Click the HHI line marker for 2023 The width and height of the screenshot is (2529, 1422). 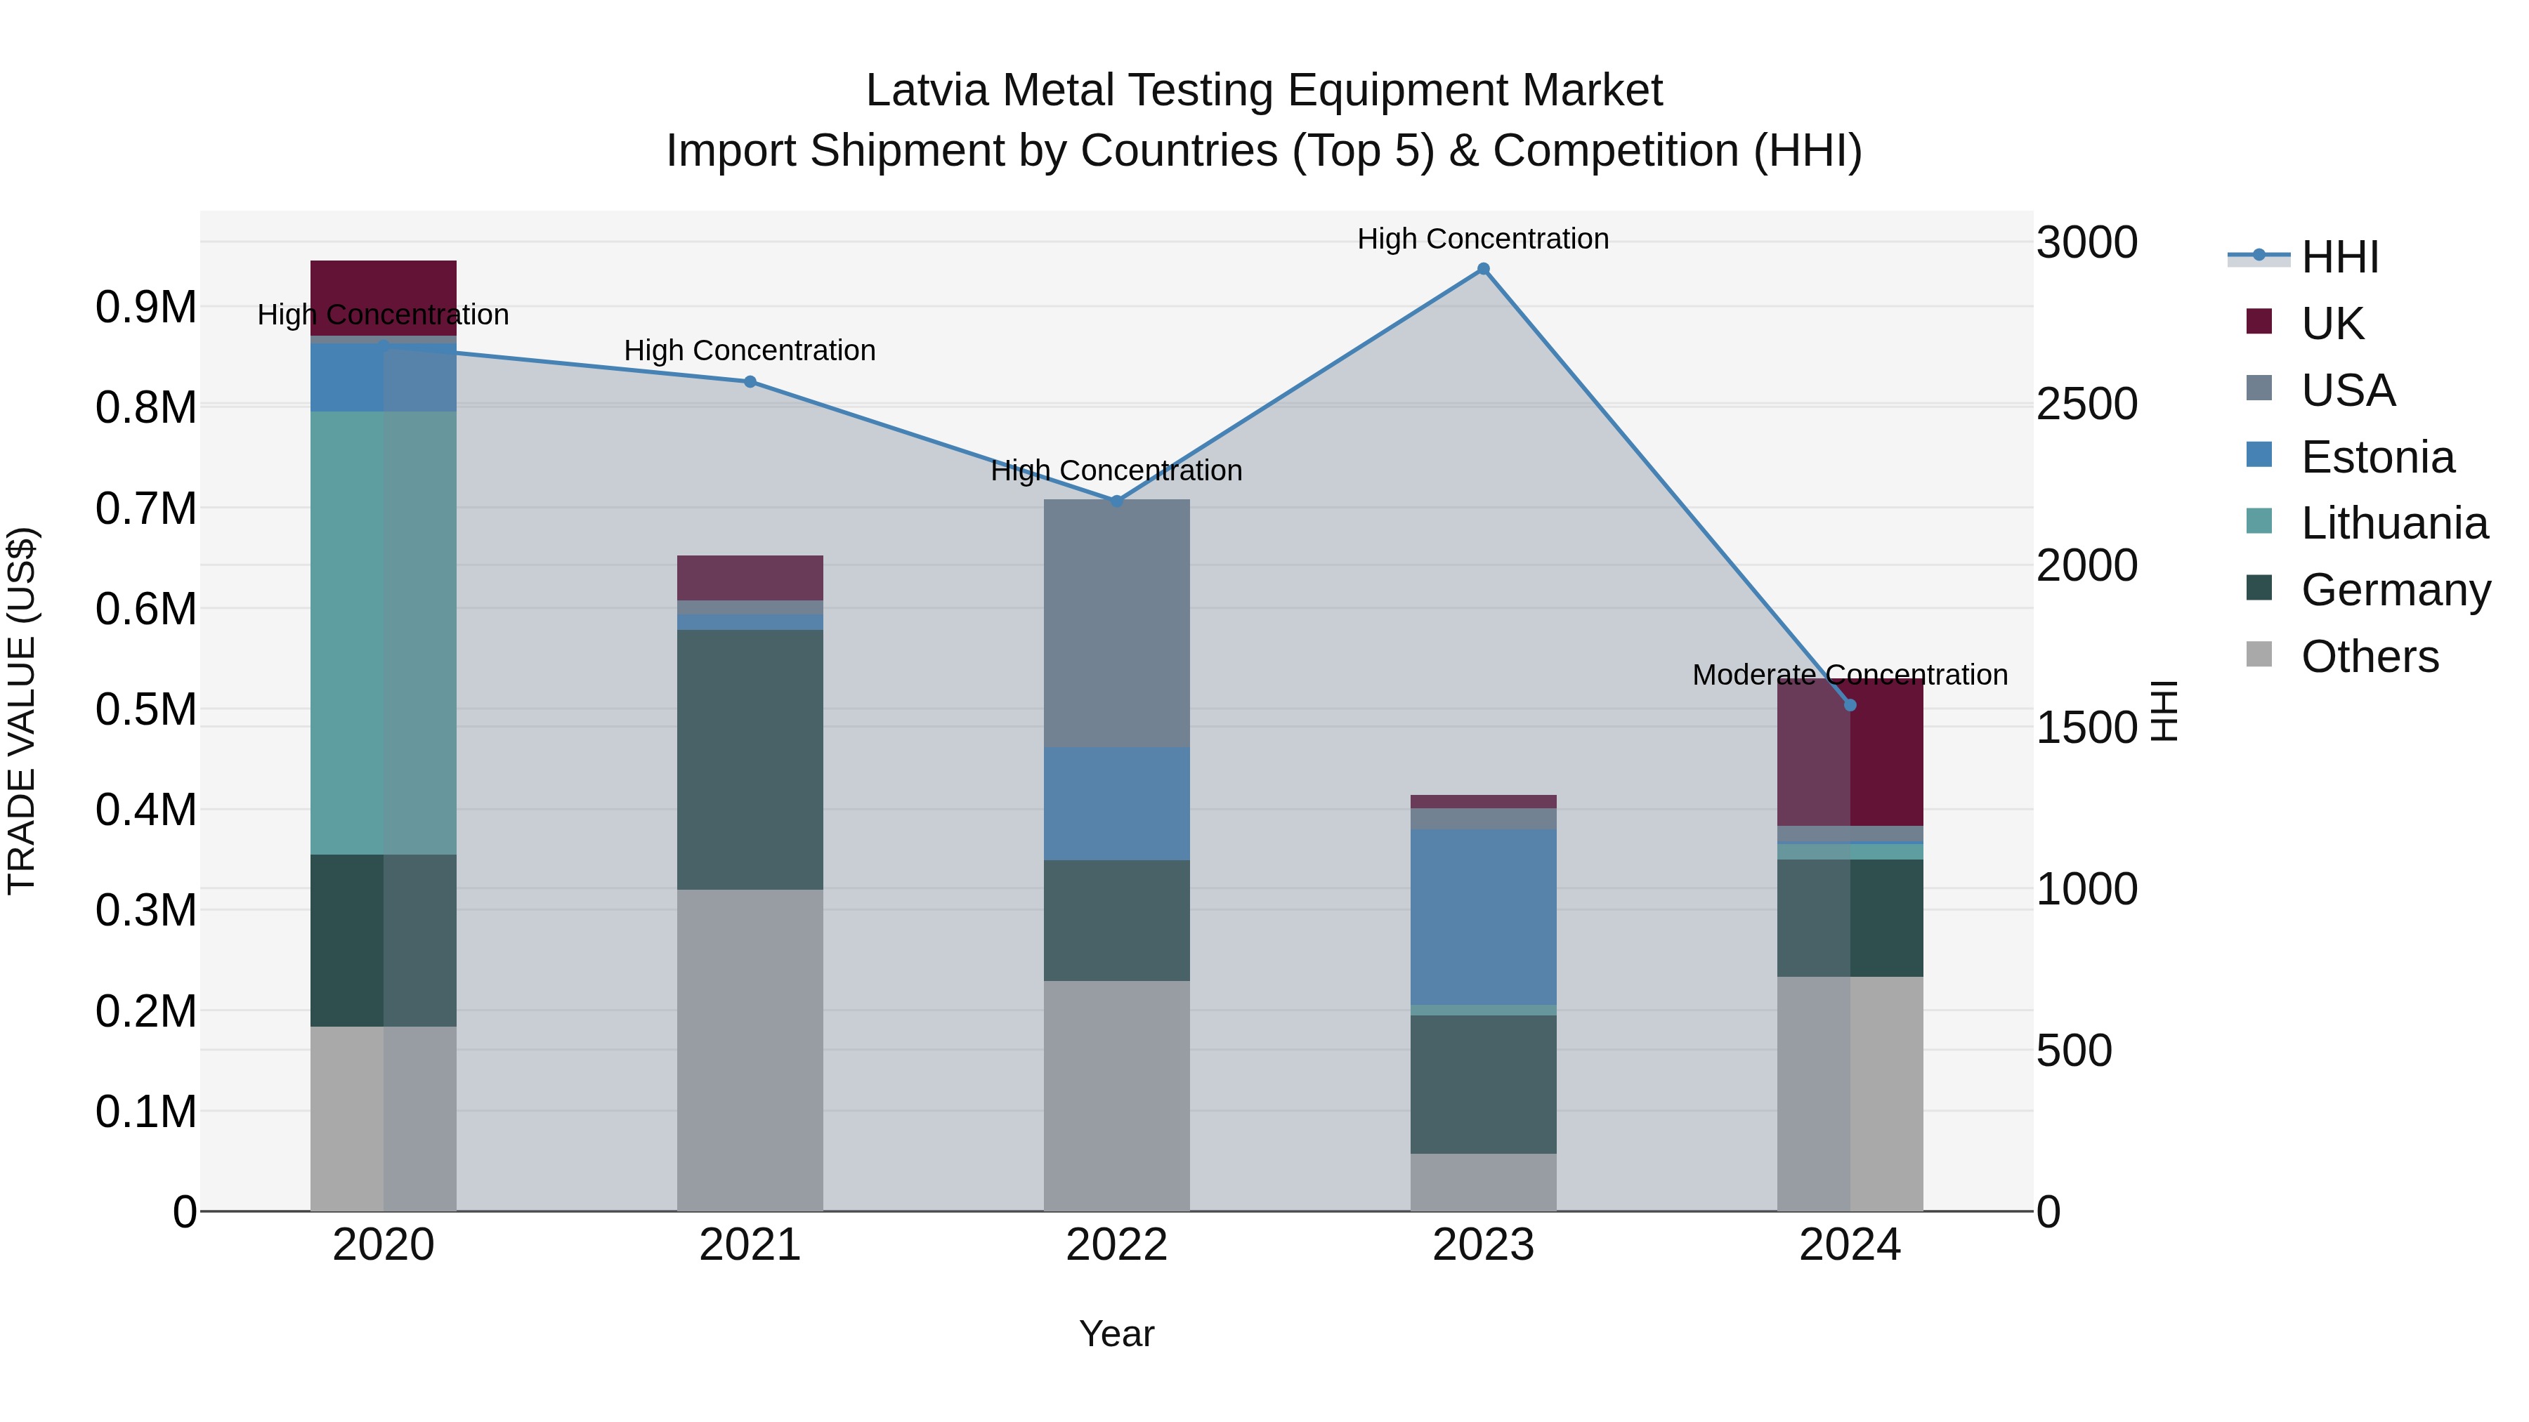(x=1482, y=269)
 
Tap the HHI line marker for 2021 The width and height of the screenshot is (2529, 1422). (x=750, y=382)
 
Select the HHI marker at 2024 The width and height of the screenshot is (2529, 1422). (x=1850, y=704)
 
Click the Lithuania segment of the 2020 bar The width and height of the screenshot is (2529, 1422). (x=383, y=633)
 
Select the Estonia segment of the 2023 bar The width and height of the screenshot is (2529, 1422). (x=1482, y=916)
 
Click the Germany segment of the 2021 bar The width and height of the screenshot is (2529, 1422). (x=750, y=760)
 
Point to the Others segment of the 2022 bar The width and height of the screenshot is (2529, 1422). (x=1116, y=1095)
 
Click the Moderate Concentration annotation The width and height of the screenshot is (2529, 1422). (x=1850, y=675)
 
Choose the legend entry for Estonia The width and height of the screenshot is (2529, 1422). (x=2377, y=457)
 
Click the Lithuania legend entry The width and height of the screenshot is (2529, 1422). (x=2393, y=523)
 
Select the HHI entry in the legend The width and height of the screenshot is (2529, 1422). (x=2339, y=257)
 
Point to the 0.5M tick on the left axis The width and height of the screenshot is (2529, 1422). (x=145, y=709)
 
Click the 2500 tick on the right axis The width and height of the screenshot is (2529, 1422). (x=2086, y=404)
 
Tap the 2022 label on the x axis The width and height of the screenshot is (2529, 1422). (x=1116, y=1245)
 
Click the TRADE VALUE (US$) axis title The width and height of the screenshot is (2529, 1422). (x=22, y=711)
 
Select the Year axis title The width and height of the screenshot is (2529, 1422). (x=1116, y=1334)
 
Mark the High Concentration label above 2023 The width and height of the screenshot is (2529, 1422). (x=1482, y=239)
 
